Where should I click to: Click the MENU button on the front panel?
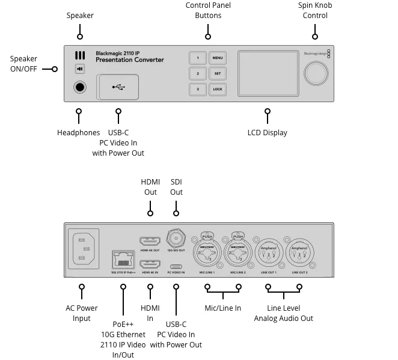(217, 58)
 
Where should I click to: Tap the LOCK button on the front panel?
(217, 89)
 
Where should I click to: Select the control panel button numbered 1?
(197, 58)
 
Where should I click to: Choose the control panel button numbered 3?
(197, 89)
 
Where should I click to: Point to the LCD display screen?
(266, 73)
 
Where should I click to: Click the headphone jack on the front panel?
(80, 87)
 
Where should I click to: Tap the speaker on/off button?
(80, 69)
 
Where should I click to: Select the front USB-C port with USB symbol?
(118, 87)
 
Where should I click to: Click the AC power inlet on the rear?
(84, 248)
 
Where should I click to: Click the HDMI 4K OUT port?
(150, 240)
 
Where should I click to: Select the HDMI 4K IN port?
(150, 264)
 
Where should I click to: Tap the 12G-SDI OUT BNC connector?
(176, 236)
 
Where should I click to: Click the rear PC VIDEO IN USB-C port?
(176, 267)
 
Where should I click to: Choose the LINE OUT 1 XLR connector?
(268, 255)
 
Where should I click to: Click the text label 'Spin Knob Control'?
(315, 10)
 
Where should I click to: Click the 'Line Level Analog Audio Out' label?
(283, 313)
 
